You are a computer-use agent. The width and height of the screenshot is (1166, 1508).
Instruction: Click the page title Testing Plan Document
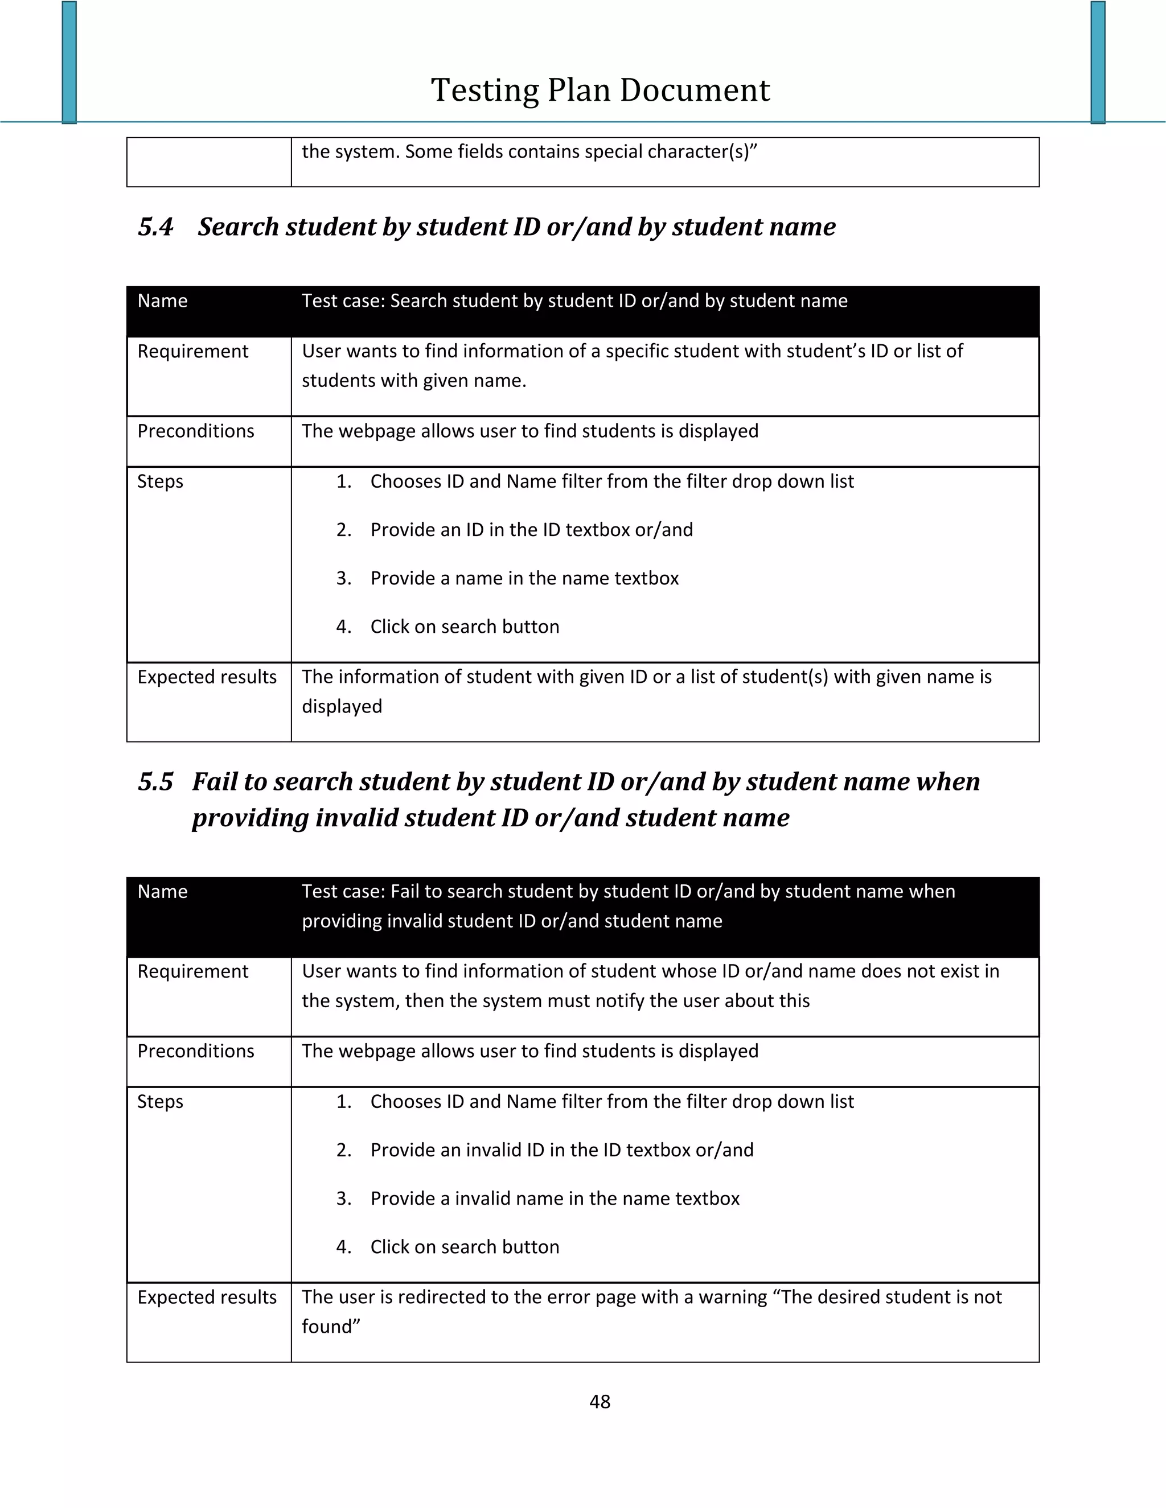pos(600,90)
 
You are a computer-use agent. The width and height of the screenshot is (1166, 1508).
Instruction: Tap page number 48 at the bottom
pos(600,1401)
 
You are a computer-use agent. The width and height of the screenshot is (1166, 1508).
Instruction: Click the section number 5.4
pos(155,227)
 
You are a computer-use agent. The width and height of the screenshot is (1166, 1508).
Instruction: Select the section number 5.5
pos(155,782)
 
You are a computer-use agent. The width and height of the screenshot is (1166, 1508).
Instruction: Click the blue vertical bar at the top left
pos(69,62)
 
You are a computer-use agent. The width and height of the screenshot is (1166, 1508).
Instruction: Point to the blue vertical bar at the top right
pos(1098,62)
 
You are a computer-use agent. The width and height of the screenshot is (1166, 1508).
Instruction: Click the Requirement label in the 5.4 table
pos(193,352)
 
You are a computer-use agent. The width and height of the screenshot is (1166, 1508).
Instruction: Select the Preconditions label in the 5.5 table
pos(195,1051)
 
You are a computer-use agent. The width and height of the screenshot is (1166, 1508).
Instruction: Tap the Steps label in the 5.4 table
pos(160,481)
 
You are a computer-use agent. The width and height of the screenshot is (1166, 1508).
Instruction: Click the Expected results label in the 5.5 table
pos(207,1297)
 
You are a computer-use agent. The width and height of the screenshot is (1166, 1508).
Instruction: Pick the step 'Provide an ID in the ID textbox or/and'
pos(531,530)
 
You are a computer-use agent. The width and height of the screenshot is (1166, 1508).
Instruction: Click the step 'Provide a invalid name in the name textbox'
pos(555,1198)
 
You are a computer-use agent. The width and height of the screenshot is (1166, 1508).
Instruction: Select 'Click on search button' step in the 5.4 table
pos(464,627)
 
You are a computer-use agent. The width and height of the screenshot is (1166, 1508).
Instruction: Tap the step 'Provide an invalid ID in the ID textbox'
pos(561,1149)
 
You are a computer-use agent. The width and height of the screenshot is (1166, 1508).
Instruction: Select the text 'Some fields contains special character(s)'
pos(580,152)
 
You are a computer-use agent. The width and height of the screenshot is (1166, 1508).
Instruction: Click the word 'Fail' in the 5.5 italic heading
pos(214,782)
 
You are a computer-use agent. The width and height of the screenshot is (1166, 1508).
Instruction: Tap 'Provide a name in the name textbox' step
pos(524,578)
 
